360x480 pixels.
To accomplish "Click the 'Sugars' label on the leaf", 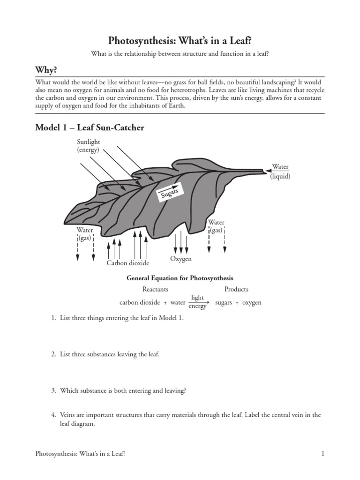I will [x=170, y=192].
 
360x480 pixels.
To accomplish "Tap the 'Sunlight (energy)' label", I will [x=89, y=146].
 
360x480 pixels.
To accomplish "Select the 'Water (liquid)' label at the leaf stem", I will [x=280, y=172].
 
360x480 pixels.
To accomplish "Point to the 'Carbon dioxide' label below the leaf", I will [x=127, y=263].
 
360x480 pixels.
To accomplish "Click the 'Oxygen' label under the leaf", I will [x=180, y=259].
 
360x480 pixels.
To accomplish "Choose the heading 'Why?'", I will [x=46, y=70].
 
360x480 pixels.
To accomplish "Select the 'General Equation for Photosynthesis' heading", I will [x=180, y=278].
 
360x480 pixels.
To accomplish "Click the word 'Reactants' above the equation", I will [x=155, y=289].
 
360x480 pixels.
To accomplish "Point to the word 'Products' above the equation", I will [x=236, y=289].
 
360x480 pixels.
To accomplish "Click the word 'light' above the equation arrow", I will [x=197, y=297].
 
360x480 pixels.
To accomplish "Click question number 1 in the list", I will [x=53, y=318].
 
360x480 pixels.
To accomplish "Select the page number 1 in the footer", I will [x=323, y=454].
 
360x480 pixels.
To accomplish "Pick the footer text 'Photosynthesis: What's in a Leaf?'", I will [x=80, y=454].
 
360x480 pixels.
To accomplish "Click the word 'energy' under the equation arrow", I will [x=197, y=307].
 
